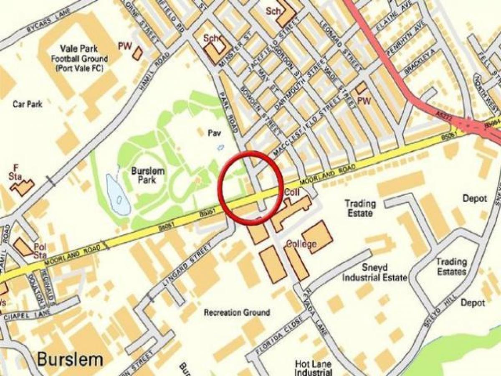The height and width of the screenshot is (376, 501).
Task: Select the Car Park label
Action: [28, 104]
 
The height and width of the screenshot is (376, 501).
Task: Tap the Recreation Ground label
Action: [237, 312]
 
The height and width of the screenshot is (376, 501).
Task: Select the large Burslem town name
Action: [70, 359]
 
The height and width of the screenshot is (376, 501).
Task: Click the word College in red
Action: [301, 244]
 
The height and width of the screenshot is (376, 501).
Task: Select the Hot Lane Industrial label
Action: [313, 368]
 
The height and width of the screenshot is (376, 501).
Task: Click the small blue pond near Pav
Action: [220, 147]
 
